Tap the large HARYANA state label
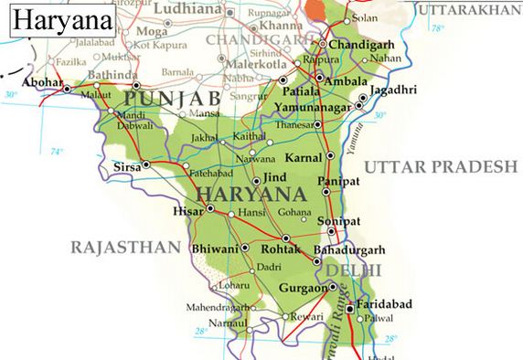click(249, 194)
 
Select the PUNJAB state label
click(173, 97)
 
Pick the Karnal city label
click(303, 157)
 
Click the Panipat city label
click(339, 182)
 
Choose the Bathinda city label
click(114, 74)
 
